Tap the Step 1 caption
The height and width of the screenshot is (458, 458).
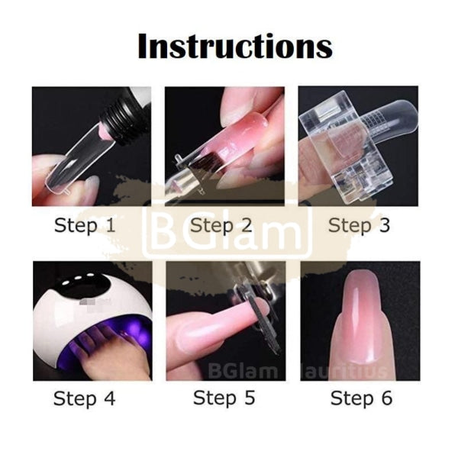86,226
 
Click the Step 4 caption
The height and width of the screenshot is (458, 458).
86,398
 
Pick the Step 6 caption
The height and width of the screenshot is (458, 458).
362,398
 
